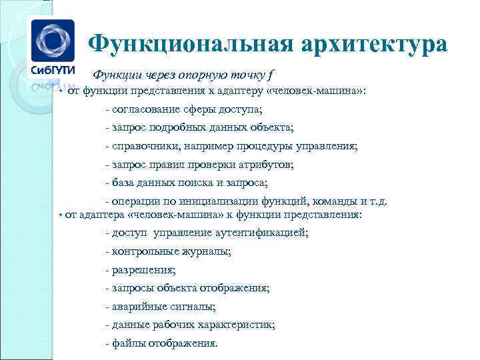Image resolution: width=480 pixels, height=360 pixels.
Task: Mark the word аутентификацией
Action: click(262, 233)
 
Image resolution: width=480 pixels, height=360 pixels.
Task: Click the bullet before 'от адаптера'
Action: click(60, 215)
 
